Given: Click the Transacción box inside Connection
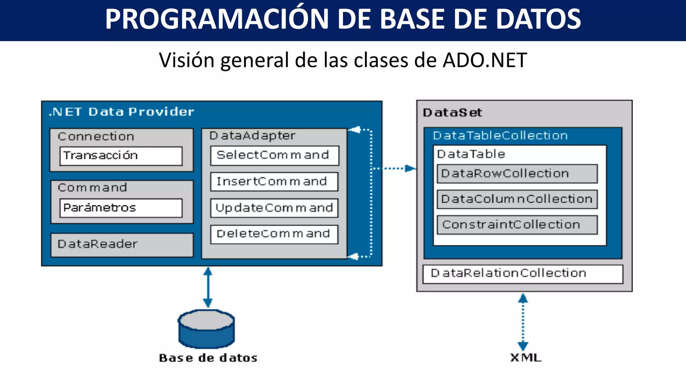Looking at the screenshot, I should [x=121, y=156].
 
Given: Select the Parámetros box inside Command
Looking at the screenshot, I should [x=121, y=208].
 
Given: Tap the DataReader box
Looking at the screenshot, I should [x=122, y=245].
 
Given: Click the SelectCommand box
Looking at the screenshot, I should [x=274, y=155].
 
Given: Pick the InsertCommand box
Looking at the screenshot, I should [x=274, y=182].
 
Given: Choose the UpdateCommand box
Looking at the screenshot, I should [x=274, y=208].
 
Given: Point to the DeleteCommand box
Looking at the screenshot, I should [x=274, y=234].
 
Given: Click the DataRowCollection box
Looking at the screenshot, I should [x=517, y=174].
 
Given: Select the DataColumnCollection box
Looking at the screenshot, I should [x=517, y=199].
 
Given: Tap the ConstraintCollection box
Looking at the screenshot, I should [x=517, y=225].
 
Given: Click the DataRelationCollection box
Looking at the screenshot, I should [x=523, y=274].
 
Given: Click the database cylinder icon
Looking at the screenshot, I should [x=206, y=329].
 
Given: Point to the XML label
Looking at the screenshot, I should [x=526, y=358].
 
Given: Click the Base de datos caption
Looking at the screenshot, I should [x=208, y=358].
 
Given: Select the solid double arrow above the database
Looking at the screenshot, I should [x=208, y=287].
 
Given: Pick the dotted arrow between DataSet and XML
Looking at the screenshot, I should [x=523, y=322].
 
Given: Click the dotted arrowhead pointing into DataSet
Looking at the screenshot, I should [x=410, y=168].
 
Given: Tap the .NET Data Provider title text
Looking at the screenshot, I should [x=121, y=112].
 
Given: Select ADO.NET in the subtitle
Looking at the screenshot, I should [x=485, y=60].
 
